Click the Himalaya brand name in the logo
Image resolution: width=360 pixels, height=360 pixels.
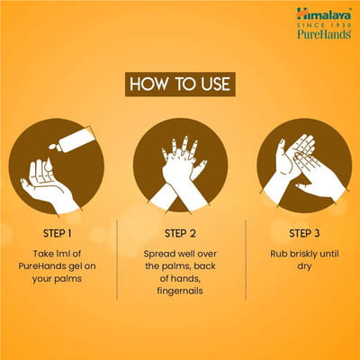(324, 14)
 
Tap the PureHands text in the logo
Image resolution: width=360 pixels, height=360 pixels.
(324, 34)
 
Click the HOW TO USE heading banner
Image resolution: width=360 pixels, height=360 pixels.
(180, 84)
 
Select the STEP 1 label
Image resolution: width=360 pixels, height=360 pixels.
(58, 233)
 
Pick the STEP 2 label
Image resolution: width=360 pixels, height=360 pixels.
(180, 233)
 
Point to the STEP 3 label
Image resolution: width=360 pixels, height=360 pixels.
(304, 233)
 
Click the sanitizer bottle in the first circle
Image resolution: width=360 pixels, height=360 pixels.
(75, 139)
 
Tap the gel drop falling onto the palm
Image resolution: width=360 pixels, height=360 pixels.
(49, 165)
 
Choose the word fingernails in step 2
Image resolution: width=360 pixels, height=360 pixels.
(180, 291)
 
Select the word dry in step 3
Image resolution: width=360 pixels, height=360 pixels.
(304, 266)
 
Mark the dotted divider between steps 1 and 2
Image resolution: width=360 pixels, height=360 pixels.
(117, 259)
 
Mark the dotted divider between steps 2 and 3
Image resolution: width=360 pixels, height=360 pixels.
(246, 259)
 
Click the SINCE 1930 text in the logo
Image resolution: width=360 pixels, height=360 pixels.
(324, 25)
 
